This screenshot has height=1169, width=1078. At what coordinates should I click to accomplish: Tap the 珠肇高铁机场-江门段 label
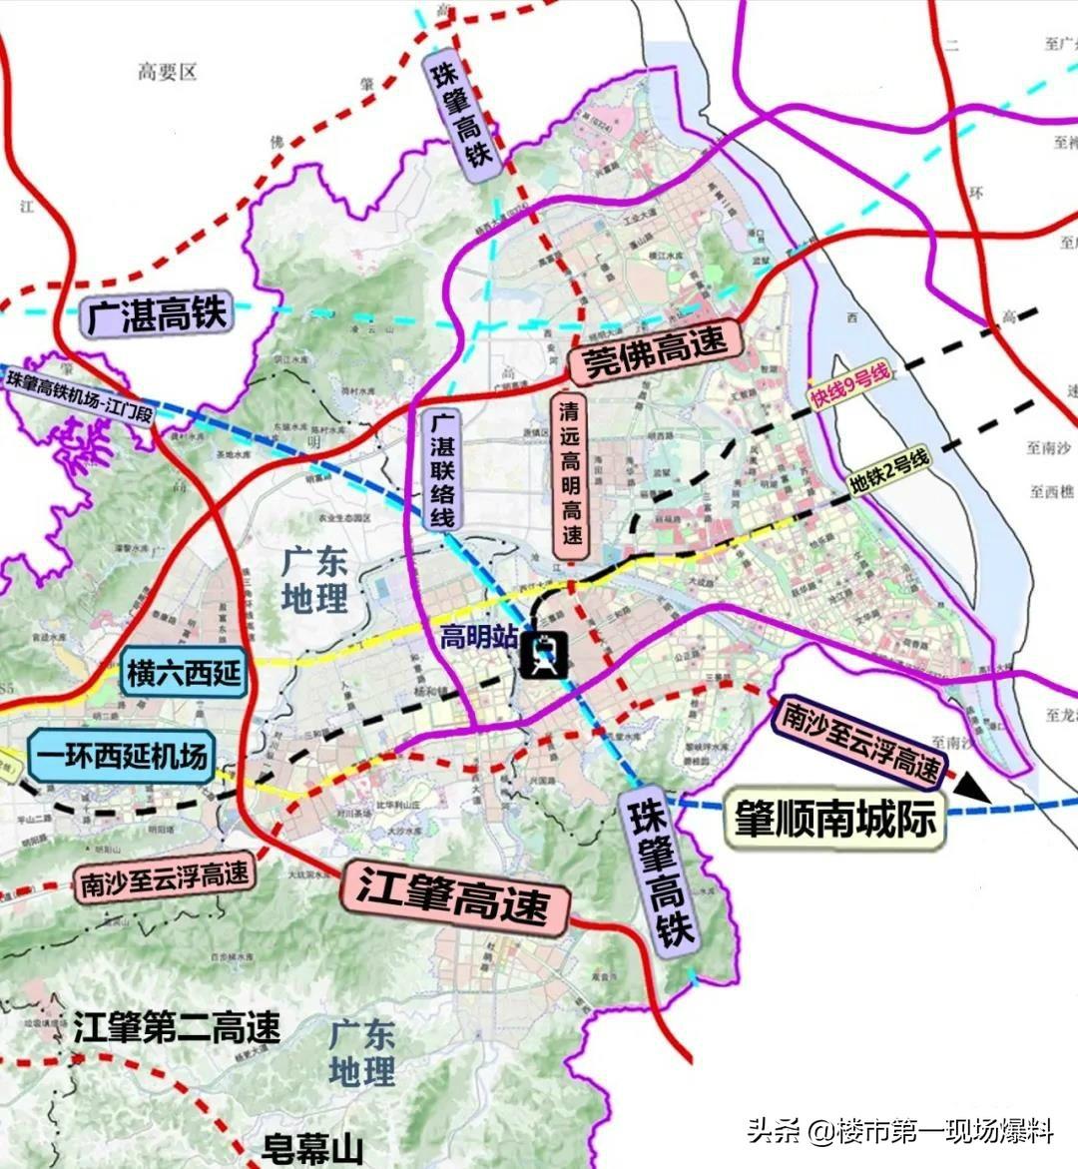(x=80, y=395)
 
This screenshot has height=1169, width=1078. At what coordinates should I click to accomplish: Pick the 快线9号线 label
(x=849, y=386)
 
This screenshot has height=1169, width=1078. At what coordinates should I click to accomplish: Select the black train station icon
(x=544, y=656)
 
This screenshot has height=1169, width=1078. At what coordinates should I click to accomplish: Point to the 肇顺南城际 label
(x=835, y=819)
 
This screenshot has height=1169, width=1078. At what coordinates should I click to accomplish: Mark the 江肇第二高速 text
(x=177, y=1026)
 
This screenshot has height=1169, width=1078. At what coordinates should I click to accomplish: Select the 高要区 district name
(x=168, y=71)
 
